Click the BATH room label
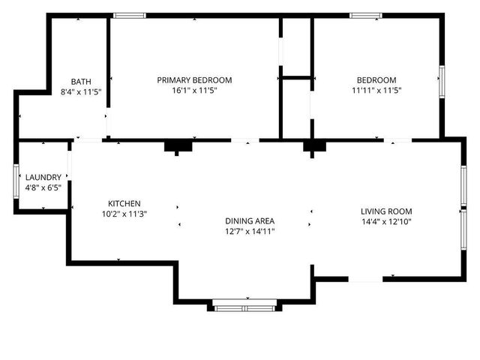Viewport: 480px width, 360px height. pos(81,81)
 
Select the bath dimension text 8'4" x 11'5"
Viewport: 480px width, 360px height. pos(81,91)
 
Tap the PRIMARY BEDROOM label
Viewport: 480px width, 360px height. pos(194,80)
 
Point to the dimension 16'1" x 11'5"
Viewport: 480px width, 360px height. pos(194,91)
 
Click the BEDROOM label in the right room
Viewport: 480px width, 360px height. pos(376,80)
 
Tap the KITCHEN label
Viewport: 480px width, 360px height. pos(124,203)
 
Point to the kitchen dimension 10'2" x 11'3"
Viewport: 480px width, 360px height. pos(124,214)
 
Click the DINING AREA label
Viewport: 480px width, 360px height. pos(250,220)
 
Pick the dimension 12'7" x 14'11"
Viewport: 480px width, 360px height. pos(250,231)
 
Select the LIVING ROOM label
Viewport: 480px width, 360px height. pos(386,211)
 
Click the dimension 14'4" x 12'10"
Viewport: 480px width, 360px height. pos(386,221)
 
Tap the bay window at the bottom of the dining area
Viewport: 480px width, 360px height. pos(244,306)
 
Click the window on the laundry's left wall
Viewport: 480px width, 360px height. pos(16,181)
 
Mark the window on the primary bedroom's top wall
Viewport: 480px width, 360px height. pos(130,15)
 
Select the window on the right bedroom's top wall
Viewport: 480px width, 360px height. pos(366,15)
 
